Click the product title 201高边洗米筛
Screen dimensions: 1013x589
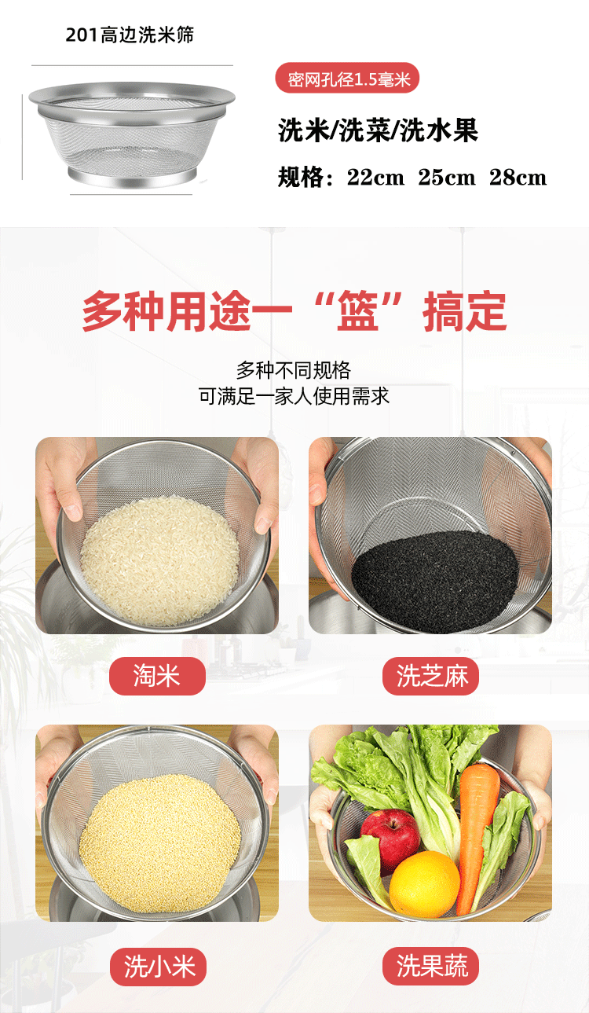tap(130, 35)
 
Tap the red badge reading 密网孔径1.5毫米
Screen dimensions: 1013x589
tap(347, 79)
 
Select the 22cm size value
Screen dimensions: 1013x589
tap(375, 178)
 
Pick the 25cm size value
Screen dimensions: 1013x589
tap(447, 178)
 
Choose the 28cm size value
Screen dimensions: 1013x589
tap(518, 178)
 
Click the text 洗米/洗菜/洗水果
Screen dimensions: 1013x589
tap(378, 130)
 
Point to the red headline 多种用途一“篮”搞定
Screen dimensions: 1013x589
tap(294, 312)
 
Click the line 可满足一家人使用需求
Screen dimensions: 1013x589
tap(294, 395)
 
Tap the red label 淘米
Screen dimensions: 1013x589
tap(157, 676)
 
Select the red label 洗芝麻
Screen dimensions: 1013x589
tap(430, 676)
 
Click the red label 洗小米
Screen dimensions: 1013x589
tap(157, 966)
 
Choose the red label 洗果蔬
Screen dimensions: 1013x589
tap(430, 966)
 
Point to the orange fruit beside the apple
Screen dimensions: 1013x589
tap(424, 883)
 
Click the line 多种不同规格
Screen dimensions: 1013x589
tap(294, 370)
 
